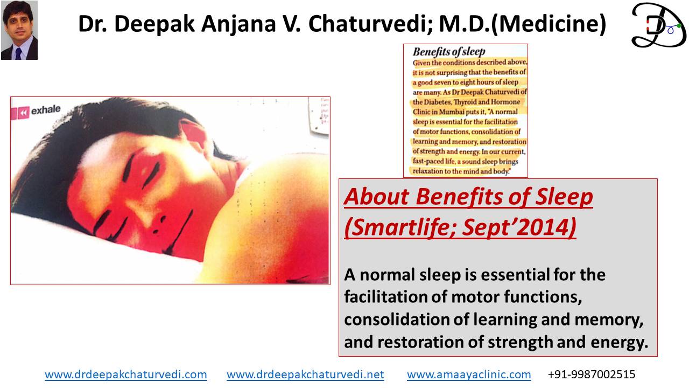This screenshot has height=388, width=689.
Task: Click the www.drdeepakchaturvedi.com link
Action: [126, 375]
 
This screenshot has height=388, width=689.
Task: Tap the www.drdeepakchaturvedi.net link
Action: [305, 375]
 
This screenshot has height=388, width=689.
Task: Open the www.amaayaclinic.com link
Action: [469, 375]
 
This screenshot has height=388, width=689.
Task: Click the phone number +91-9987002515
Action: [592, 375]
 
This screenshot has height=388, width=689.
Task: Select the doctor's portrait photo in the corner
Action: [19, 30]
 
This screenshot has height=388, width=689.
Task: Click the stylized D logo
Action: [658, 25]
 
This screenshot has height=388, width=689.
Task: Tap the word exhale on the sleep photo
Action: [46, 109]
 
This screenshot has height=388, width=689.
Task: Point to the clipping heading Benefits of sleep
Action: [449, 52]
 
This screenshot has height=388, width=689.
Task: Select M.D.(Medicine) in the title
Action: [523, 24]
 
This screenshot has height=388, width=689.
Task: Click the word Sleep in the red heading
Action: [564, 197]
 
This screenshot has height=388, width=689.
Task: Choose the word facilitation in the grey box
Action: [384, 297]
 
